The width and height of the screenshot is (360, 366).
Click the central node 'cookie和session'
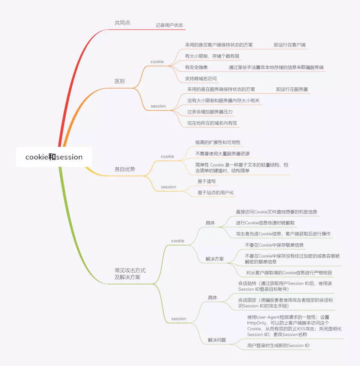coord(54,157)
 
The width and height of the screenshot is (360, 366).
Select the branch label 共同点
coord(122,23)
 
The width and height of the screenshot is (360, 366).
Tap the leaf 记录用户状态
coord(169,25)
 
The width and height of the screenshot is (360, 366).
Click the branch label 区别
coord(120,81)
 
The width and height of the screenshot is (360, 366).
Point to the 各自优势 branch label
coord(125,169)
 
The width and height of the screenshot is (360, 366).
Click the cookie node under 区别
coord(157,61)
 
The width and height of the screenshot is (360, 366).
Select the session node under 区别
coord(158,106)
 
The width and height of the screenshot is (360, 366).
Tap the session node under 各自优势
coord(168,187)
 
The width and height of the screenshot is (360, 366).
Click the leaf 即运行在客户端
coord(289,45)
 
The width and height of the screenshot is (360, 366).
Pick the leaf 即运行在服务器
coord(292,89)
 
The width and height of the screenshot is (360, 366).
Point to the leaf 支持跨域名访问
coord(201,79)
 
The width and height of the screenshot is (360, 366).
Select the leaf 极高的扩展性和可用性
coord(218,142)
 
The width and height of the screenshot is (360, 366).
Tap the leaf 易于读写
coord(207,181)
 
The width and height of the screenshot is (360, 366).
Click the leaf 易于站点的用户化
coord(216,193)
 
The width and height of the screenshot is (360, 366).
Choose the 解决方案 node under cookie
coord(214,259)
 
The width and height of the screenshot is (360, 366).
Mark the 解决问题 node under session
coord(217,340)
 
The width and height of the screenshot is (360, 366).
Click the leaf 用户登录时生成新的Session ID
coord(278,345)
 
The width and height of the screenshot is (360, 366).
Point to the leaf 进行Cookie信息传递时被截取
coord(265,223)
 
